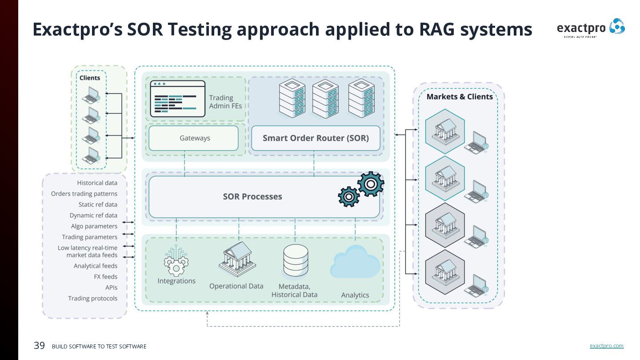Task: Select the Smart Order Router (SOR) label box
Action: tap(316, 138)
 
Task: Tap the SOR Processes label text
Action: tap(252, 196)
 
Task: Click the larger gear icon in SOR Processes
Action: tap(370, 184)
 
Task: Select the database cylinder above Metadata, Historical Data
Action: tap(296, 260)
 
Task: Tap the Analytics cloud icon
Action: tap(355, 263)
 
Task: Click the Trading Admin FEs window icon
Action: tap(178, 99)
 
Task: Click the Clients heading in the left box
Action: tap(90, 78)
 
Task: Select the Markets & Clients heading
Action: tap(460, 97)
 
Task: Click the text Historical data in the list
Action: tap(97, 183)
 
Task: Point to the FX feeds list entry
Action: tap(105, 277)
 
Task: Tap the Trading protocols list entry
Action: tap(92, 298)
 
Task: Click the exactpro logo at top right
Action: tap(591, 28)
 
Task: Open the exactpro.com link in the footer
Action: tap(606, 346)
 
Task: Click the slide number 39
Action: tap(40, 345)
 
